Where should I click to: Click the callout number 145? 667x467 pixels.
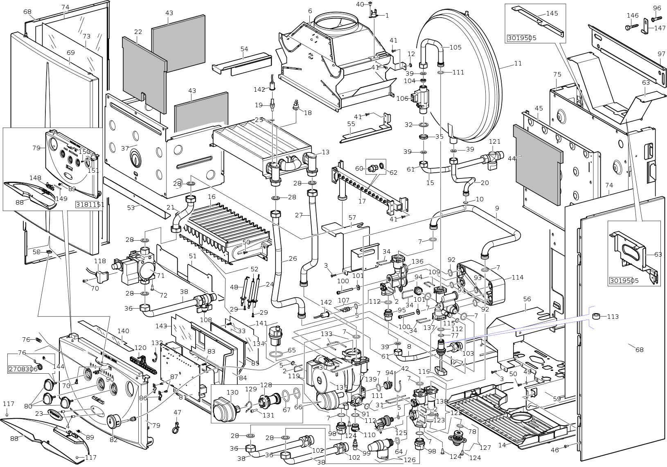552,13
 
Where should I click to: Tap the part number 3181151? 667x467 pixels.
90,205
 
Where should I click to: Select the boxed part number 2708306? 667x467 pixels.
23,369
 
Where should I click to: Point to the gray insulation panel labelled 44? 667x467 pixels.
537,164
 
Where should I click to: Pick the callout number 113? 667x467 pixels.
613,316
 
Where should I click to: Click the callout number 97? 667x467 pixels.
661,54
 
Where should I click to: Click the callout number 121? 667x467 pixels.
495,142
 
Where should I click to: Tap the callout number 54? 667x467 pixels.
244,49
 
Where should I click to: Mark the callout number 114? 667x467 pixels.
517,277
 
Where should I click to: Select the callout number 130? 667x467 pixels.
232,393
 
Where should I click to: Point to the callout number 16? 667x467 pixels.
212,197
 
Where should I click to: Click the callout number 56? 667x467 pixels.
527,299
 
